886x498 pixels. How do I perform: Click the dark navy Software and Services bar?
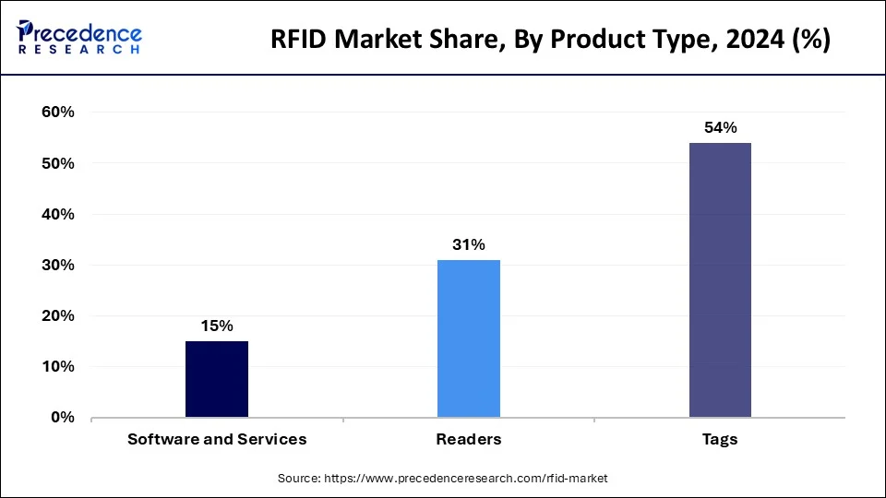(x=217, y=379)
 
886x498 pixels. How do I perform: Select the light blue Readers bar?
(x=468, y=338)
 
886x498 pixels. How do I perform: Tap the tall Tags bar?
(x=720, y=279)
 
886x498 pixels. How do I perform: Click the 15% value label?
(x=217, y=326)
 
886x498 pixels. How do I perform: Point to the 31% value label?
(x=468, y=244)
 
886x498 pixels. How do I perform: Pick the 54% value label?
(x=720, y=128)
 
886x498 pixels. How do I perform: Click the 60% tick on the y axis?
(x=56, y=113)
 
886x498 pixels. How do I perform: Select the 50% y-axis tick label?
(x=56, y=163)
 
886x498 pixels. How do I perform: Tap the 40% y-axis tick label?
(x=56, y=214)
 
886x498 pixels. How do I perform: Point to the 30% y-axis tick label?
(x=56, y=265)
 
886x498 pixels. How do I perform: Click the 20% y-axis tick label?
(x=56, y=315)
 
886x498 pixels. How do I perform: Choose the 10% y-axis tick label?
(x=56, y=366)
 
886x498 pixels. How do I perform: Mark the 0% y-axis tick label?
(x=61, y=417)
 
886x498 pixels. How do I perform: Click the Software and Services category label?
(x=217, y=439)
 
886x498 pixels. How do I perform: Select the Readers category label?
(x=468, y=439)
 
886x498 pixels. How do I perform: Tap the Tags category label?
(x=720, y=439)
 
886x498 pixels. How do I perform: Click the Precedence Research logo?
(x=79, y=37)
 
